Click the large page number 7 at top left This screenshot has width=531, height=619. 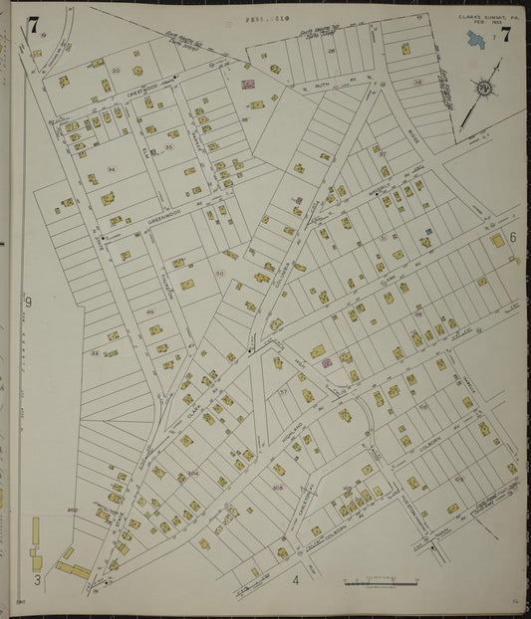34,26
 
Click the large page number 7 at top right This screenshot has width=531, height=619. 505,36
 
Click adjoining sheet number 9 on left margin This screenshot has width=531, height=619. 28,302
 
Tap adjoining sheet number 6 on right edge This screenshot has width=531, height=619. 512,237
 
